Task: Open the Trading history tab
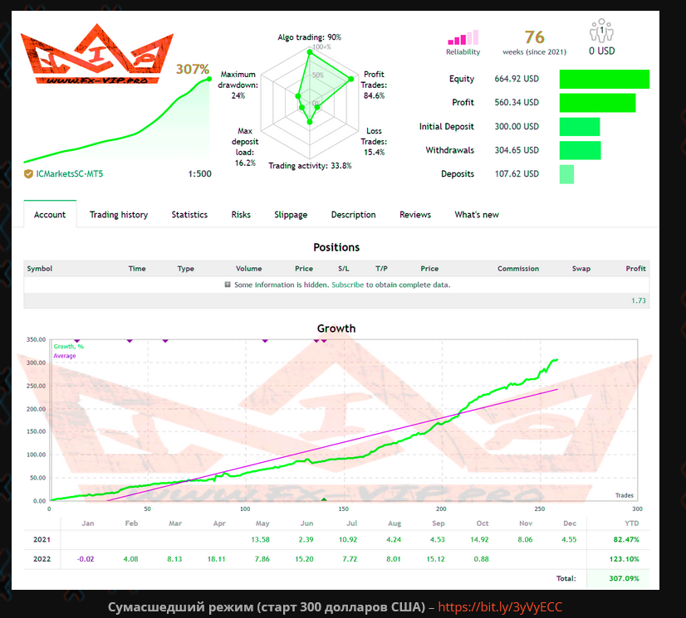pos(119,215)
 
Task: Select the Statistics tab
pos(189,215)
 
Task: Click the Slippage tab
pos(291,215)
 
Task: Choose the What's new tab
pos(477,215)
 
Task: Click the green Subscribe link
pos(347,285)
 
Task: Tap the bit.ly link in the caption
pos(500,606)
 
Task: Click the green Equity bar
pos(604,79)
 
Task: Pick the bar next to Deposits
pos(566,174)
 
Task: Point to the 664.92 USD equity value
pos(517,79)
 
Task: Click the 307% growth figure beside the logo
pos(193,69)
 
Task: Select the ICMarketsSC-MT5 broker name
pos(69,174)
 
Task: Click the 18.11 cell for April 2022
pos(216,559)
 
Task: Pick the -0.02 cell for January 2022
pos(86,559)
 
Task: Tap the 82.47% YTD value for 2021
pos(626,539)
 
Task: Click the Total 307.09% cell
pos(624,578)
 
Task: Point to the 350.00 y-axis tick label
pos(36,339)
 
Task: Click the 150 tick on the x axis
pos(344,509)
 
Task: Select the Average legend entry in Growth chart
pos(65,356)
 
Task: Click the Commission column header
pos(518,269)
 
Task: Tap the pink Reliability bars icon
pos(463,37)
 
